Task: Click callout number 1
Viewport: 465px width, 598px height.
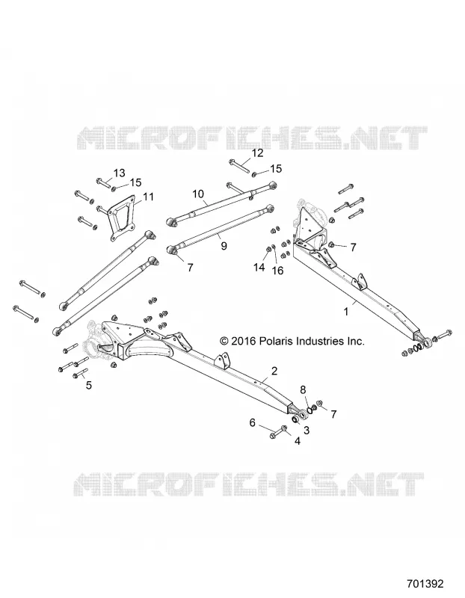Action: tap(346, 312)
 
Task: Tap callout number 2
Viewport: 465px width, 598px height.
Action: tap(274, 371)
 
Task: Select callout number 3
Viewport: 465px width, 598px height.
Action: tap(307, 431)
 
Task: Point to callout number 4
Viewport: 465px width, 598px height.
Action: tap(297, 441)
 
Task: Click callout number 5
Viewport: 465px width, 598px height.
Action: tap(89, 385)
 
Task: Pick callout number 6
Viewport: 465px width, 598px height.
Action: tap(252, 422)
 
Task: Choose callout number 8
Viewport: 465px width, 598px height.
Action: tap(303, 389)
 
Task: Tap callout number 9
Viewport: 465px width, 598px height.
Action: tap(224, 246)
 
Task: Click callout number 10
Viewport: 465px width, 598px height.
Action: tap(198, 194)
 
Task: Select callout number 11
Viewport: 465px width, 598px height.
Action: tap(148, 197)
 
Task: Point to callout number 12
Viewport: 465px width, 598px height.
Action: tap(257, 153)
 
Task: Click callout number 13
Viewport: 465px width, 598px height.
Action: tap(120, 173)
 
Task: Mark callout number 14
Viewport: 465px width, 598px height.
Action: tap(259, 268)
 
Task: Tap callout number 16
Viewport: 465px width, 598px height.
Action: tap(277, 271)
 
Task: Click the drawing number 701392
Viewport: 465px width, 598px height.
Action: tap(425, 584)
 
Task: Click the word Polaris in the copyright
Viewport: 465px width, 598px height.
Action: tap(274, 341)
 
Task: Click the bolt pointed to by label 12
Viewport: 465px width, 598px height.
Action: tap(239, 167)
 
